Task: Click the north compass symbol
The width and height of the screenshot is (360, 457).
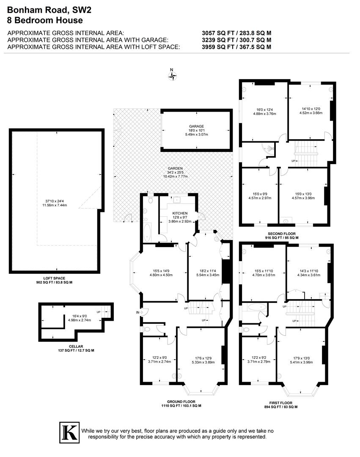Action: tap(172, 76)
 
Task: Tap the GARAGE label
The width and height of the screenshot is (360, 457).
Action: tap(196, 126)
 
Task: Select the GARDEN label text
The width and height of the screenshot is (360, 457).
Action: tap(175, 168)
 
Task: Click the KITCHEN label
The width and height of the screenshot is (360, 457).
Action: tap(179, 213)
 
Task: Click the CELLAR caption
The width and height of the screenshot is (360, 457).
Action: tap(76, 346)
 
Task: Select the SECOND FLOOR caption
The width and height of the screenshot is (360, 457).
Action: tap(282, 234)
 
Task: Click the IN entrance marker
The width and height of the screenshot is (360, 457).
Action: tap(137, 312)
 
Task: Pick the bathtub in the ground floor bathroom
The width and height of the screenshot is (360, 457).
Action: tap(147, 231)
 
